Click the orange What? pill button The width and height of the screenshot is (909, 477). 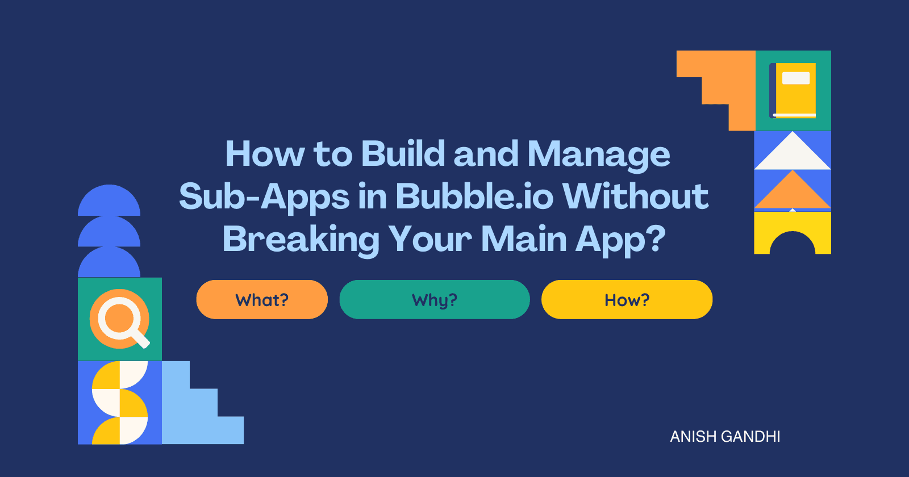click(x=262, y=299)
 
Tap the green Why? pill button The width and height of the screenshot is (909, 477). click(x=435, y=299)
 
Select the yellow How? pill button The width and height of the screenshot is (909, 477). click(x=627, y=299)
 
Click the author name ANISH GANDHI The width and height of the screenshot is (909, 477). click(x=725, y=437)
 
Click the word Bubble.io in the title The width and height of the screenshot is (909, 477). click(x=474, y=196)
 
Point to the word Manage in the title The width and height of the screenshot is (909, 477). click(x=599, y=154)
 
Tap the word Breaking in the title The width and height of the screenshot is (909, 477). click(x=301, y=240)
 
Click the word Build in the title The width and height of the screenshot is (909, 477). click(x=403, y=153)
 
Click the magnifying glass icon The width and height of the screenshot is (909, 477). click(x=120, y=319)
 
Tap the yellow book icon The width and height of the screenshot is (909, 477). click(x=794, y=90)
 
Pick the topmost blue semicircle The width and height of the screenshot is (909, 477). click(x=109, y=202)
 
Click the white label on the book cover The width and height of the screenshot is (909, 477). click(x=796, y=78)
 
